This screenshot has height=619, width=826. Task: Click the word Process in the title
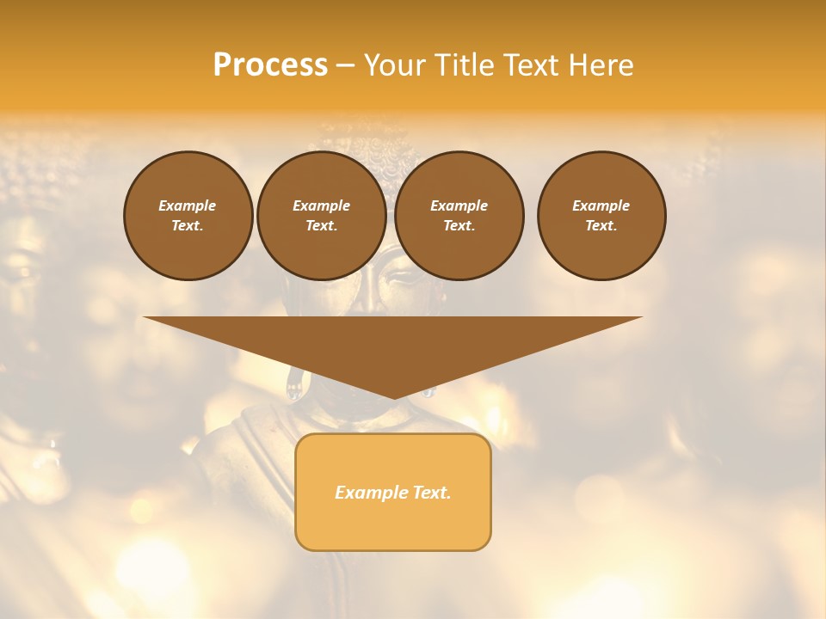tap(270, 65)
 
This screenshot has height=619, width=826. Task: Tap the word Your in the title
tap(391, 65)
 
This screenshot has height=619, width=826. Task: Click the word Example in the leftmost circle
tap(188, 205)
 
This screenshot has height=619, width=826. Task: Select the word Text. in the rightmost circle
tap(601, 225)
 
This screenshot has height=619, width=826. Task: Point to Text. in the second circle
tap(322, 225)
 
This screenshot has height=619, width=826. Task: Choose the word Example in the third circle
tap(459, 205)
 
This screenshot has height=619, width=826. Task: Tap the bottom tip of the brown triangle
tap(394, 396)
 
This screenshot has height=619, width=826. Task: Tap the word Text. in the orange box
tap(429, 493)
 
